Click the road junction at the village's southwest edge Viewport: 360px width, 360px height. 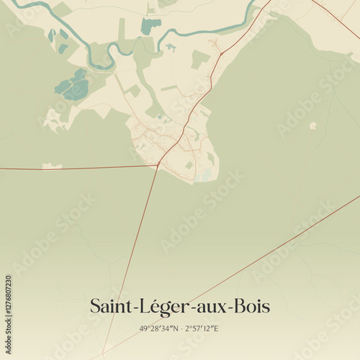(x=158, y=165)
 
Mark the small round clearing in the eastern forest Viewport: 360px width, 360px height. (x=312, y=125)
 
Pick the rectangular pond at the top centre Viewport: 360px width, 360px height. (x=150, y=26)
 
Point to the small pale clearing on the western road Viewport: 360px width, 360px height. (x=51, y=166)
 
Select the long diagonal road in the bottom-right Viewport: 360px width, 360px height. (x=288, y=238)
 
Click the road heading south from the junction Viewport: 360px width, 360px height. (x=137, y=238)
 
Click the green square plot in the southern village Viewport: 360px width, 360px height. (x=189, y=165)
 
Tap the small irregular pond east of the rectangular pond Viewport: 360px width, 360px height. (x=171, y=48)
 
